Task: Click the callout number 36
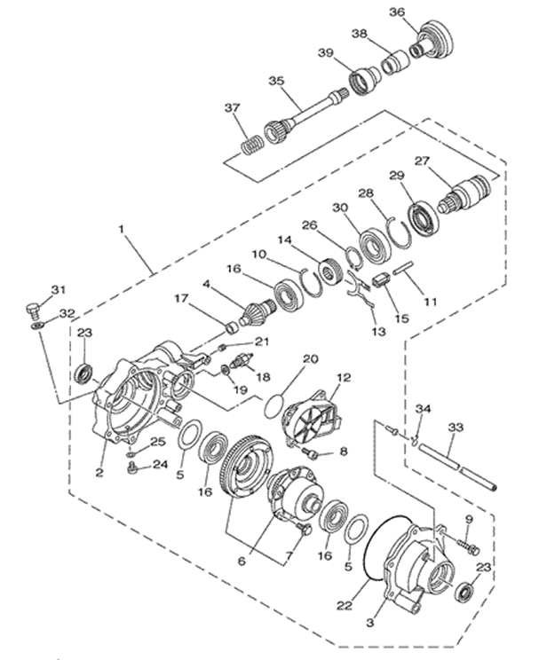(397, 12)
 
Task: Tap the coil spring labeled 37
(251, 147)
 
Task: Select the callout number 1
(122, 230)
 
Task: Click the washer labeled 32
(38, 326)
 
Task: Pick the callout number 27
(421, 161)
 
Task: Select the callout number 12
(344, 378)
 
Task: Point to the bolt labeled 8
(310, 453)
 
